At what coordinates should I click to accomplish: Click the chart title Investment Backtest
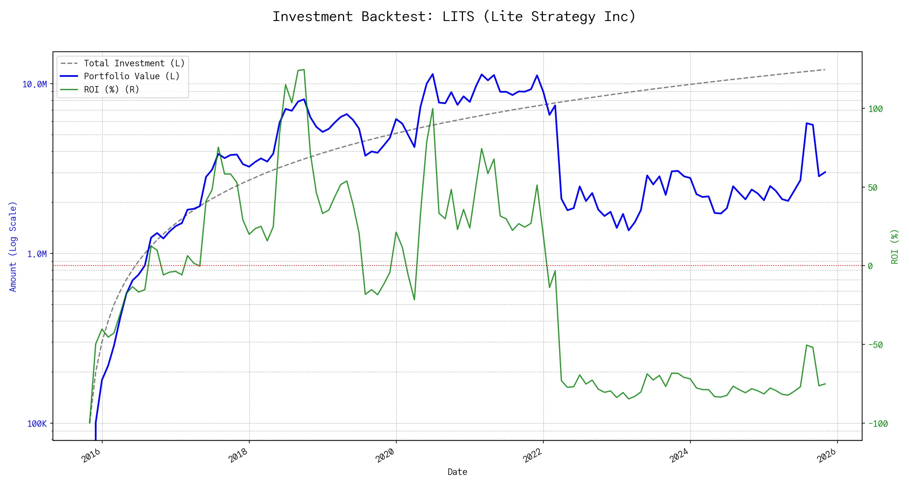coord(454,17)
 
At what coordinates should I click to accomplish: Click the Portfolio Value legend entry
coord(132,76)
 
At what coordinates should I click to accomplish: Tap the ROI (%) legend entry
coord(112,89)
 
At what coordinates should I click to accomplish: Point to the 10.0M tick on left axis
coord(35,84)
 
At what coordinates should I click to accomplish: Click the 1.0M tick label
coord(37,254)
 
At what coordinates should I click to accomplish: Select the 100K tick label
coord(37,424)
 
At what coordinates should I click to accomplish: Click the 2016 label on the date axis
coord(91,456)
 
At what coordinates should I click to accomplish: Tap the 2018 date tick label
coord(238,456)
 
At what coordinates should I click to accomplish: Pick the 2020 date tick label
coord(385,456)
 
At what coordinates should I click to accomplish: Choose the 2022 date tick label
coord(532,456)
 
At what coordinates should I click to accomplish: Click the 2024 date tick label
coord(680,456)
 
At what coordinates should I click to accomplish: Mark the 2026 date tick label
coord(827,456)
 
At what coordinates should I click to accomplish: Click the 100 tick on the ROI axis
coord(875,109)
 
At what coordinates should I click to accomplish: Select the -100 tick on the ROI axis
coord(878,424)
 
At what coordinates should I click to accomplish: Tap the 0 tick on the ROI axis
coord(870,266)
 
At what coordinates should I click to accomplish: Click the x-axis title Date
coord(457,472)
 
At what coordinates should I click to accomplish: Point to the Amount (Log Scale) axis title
coord(13,247)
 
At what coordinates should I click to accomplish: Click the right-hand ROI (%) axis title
coord(895,247)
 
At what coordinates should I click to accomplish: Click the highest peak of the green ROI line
coord(303,70)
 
